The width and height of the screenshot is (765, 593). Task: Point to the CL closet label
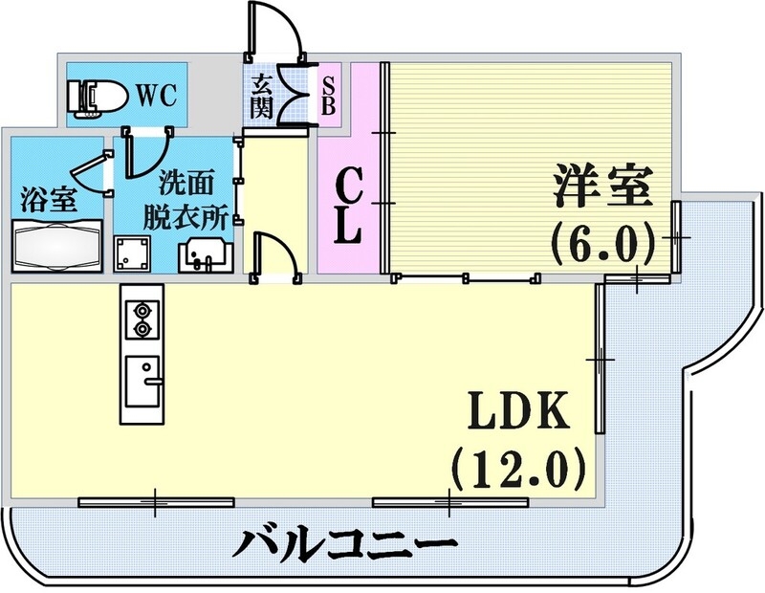pyautogui.click(x=351, y=206)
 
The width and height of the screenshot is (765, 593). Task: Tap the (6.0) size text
pyautogui.click(x=601, y=242)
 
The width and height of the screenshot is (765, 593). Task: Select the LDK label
pyautogui.click(x=518, y=414)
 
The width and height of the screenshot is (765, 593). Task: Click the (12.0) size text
pyautogui.click(x=516, y=469)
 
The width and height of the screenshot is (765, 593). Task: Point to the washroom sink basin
pyautogui.click(x=203, y=254)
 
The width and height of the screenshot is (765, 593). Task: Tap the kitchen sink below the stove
pyautogui.click(x=142, y=378)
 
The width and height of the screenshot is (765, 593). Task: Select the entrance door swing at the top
pyautogui.click(x=277, y=29)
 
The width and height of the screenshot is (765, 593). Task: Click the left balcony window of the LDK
pyautogui.click(x=156, y=500)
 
